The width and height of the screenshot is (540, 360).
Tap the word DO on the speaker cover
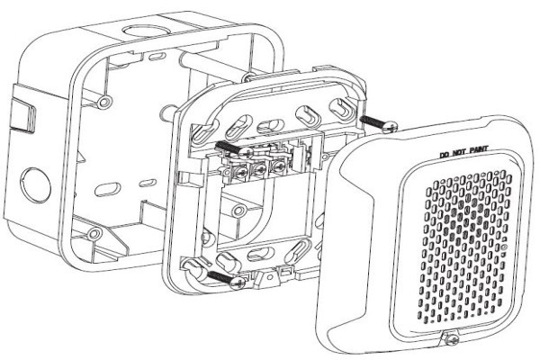(445, 154)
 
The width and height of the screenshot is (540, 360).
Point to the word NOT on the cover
(458, 152)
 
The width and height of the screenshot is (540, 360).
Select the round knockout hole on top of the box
(147, 31)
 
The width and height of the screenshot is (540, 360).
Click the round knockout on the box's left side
(35, 185)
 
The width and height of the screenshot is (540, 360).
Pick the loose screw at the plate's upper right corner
(379, 123)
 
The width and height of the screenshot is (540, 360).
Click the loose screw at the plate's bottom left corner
(227, 279)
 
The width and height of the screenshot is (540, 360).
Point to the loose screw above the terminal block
(235, 148)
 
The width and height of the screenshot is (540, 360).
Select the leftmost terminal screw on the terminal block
(242, 170)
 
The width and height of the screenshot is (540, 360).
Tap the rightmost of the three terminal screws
(277, 166)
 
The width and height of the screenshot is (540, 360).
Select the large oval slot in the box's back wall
(108, 190)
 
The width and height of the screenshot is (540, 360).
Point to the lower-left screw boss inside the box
(94, 234)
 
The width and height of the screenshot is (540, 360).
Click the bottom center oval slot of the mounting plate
(261, 255)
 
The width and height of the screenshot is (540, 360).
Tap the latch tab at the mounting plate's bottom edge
(270, 276)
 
